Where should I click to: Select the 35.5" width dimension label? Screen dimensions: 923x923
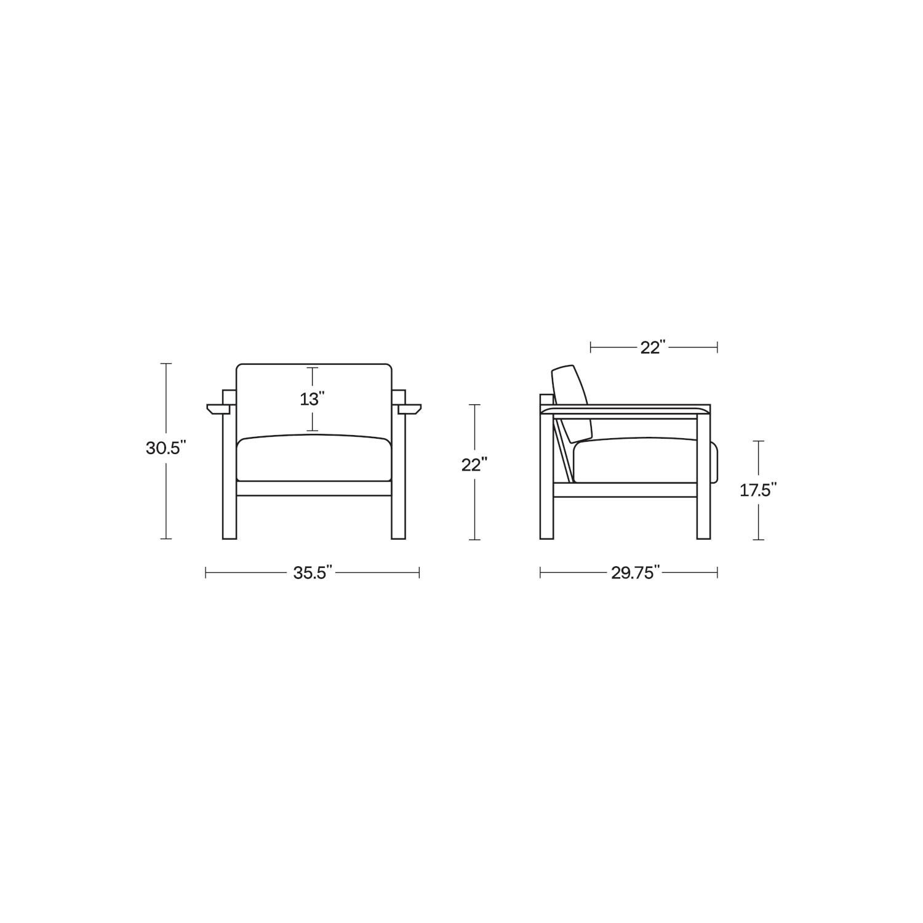point(313,573)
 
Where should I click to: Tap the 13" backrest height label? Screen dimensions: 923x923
point(313,399)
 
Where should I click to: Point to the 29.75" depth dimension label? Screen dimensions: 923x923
point(635,573)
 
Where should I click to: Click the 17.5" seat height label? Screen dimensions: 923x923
point(758,490)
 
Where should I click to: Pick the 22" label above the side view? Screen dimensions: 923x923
point(653,348)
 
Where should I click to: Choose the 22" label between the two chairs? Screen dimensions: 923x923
point(474,465)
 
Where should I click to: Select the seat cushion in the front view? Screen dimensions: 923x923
point(314,458)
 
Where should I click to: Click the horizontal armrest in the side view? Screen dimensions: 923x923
point(625,409)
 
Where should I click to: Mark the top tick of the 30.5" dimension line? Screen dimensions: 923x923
point(166,364)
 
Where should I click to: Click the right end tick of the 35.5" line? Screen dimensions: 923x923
point(419,573)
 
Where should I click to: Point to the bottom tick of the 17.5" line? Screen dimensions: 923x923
point(759,540)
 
